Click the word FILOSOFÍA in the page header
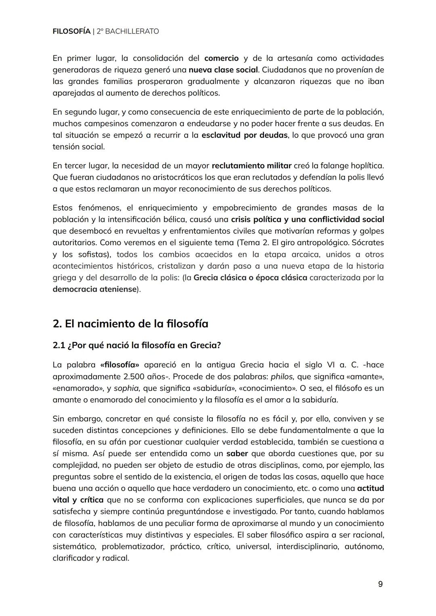pyautogui.click(x=71, y=31)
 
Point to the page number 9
pyautogui.click(x=380, y=584)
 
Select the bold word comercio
pyautogui.click(x=222, y=58)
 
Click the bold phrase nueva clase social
pyautogui.click(x=223, y=70)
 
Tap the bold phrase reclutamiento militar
pyautogui.click(x=251, y=166)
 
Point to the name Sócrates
pyautogui.click(x=368, y=243)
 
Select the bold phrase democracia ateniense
pyautogui.click(x=95, y=289)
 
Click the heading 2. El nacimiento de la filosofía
pyautogui.click(x=130, y=324)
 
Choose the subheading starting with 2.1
pyautogui.click(x=136, y=346)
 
